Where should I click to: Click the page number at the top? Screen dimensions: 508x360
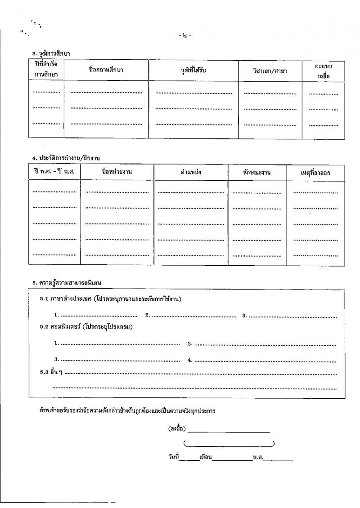tap(185, 36)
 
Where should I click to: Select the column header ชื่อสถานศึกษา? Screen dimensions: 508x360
tap(106, 70)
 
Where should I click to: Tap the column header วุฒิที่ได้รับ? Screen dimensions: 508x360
tap(193, 70)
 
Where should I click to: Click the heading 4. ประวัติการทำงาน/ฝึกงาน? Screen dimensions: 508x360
tap(66, 158)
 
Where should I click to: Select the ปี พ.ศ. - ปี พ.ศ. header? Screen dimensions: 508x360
tap(54, 173)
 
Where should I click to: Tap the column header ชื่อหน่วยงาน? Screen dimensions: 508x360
tap(117, 173)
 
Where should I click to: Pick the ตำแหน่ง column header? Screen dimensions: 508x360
tap(191, 173)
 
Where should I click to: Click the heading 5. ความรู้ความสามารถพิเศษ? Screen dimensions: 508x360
tap(67, 283)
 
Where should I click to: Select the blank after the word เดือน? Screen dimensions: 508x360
tap(232, 460)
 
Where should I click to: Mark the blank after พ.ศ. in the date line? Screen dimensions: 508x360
tap(281, 460)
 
